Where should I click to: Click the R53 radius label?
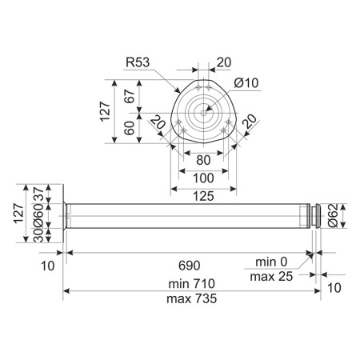(x=138, y=62)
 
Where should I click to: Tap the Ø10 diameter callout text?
(x=246, y=83)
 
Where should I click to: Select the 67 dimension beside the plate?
(x=130, y=96)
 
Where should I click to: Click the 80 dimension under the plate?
(x=203, y=160)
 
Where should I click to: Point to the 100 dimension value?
(x=203, y=178)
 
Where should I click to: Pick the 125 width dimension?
(x=203, y=196)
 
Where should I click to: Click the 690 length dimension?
(x=190, y=266)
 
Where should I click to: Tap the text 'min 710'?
(x=191, y=284)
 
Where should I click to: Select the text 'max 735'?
(x=191, y=298)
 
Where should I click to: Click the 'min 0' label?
(x=271, y=262)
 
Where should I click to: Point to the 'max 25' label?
(x=271, y=277)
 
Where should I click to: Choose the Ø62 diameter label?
(x=333, y=215)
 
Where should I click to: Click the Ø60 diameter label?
(x=38, y=215)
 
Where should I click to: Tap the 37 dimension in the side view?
(x=38, y=194)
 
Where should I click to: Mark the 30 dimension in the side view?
(x=38, y=235)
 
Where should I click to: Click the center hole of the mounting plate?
(x=203, y=113)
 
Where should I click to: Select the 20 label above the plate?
(x=224, y=62)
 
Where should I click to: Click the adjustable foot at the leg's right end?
(x=315, y=216)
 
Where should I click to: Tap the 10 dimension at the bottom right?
(x=334, y=288)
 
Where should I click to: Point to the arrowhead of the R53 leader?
(x=178, y=90)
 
